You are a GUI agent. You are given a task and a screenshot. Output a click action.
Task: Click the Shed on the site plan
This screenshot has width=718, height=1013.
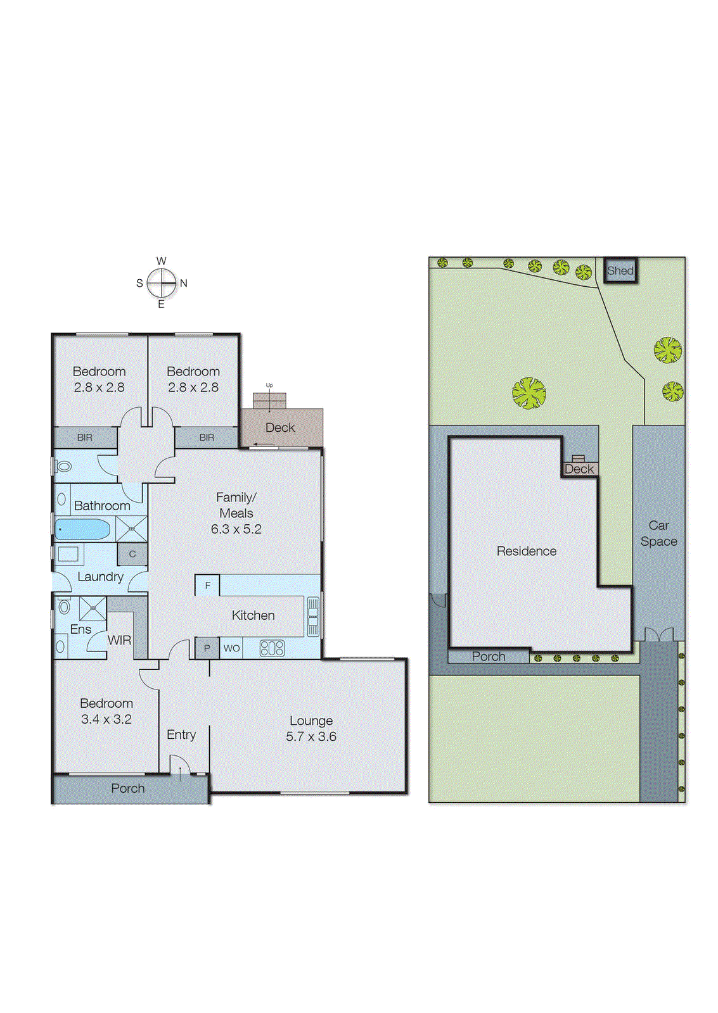pos(620,271)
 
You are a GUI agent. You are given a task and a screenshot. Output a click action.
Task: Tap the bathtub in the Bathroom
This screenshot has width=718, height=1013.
pos(82,529)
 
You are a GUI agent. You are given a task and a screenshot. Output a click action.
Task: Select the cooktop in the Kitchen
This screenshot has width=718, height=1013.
pos(272,648)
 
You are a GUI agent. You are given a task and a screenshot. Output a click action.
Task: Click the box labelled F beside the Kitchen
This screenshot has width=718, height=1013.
pos(207,586)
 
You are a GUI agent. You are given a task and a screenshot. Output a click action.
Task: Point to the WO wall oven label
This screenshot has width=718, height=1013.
pos(231,648)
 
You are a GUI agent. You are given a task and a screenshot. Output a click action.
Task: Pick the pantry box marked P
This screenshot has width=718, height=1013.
pos(207,648)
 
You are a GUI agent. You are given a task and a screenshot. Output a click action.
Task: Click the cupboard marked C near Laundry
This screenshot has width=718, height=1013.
pos(132,554)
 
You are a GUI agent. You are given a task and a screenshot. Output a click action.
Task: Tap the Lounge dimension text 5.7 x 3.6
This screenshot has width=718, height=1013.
pos(311,736)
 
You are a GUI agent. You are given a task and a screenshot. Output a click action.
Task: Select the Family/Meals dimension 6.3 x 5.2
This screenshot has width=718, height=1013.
pos(236,529)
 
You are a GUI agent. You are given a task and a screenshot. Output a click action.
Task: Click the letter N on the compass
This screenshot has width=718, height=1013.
pos(184,283)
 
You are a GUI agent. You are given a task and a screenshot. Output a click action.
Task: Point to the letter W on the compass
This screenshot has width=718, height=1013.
pos(162,261)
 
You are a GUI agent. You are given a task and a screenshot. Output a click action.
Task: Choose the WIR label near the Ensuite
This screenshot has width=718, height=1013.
pos(119,640)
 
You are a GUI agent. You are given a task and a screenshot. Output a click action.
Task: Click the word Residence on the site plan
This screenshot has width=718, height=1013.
pos(526,551)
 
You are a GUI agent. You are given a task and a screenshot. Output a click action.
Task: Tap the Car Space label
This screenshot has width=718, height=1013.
pos(658,533)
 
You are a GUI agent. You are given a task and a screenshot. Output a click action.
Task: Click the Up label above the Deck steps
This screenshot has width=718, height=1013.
pos(269,385)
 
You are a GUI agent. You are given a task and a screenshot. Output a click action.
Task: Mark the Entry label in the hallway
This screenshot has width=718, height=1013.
pos(181,734)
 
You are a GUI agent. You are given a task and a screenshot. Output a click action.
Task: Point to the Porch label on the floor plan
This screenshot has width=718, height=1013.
pos(128,788)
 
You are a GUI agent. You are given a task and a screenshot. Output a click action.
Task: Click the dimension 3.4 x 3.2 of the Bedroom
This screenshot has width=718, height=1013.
pos(106,719)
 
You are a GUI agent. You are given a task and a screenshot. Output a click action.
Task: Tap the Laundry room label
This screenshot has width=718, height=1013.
pos(100,577)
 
